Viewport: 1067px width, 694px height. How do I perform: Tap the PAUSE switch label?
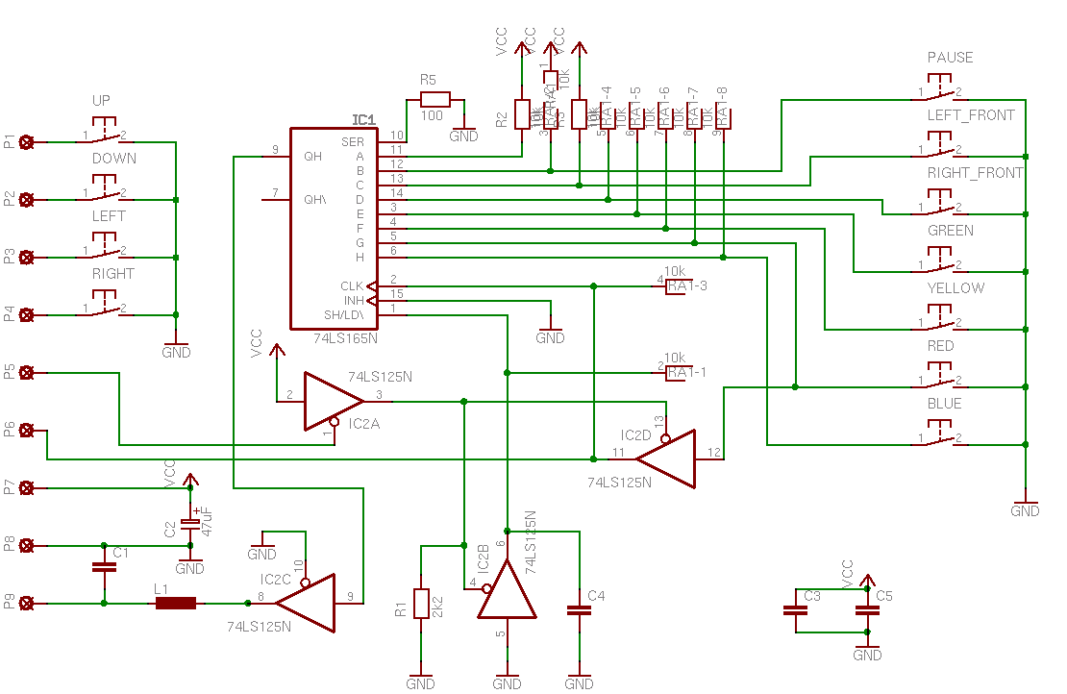tap(950, 58)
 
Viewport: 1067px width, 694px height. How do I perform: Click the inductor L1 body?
tap(176, 604)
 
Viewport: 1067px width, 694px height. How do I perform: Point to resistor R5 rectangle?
tap(434, 99)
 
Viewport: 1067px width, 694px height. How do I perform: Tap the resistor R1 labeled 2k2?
tap(421, 604)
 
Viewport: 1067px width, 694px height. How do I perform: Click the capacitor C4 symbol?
tap(579, 609)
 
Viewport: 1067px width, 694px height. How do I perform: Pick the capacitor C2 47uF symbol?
tap(190, 523)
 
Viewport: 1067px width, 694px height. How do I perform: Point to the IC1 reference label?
tap(364, 120)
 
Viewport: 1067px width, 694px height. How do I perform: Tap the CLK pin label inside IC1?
tap(352, 285)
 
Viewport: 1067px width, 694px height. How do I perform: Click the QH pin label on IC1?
tap(313, 156)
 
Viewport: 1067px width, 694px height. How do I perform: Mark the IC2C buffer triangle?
tap(308, 604)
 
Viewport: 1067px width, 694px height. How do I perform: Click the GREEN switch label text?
tap(950, 231)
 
